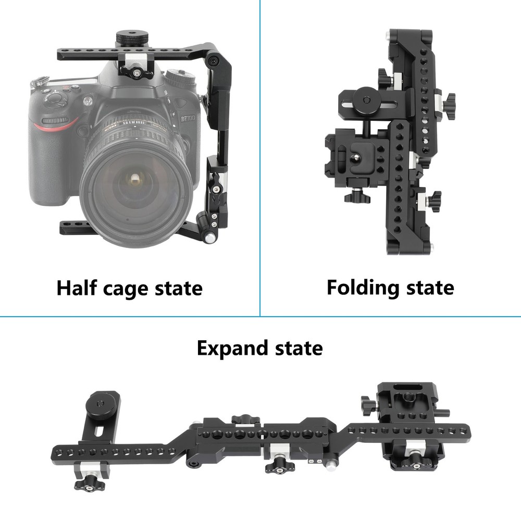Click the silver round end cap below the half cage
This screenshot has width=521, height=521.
click(x=209, y=238)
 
